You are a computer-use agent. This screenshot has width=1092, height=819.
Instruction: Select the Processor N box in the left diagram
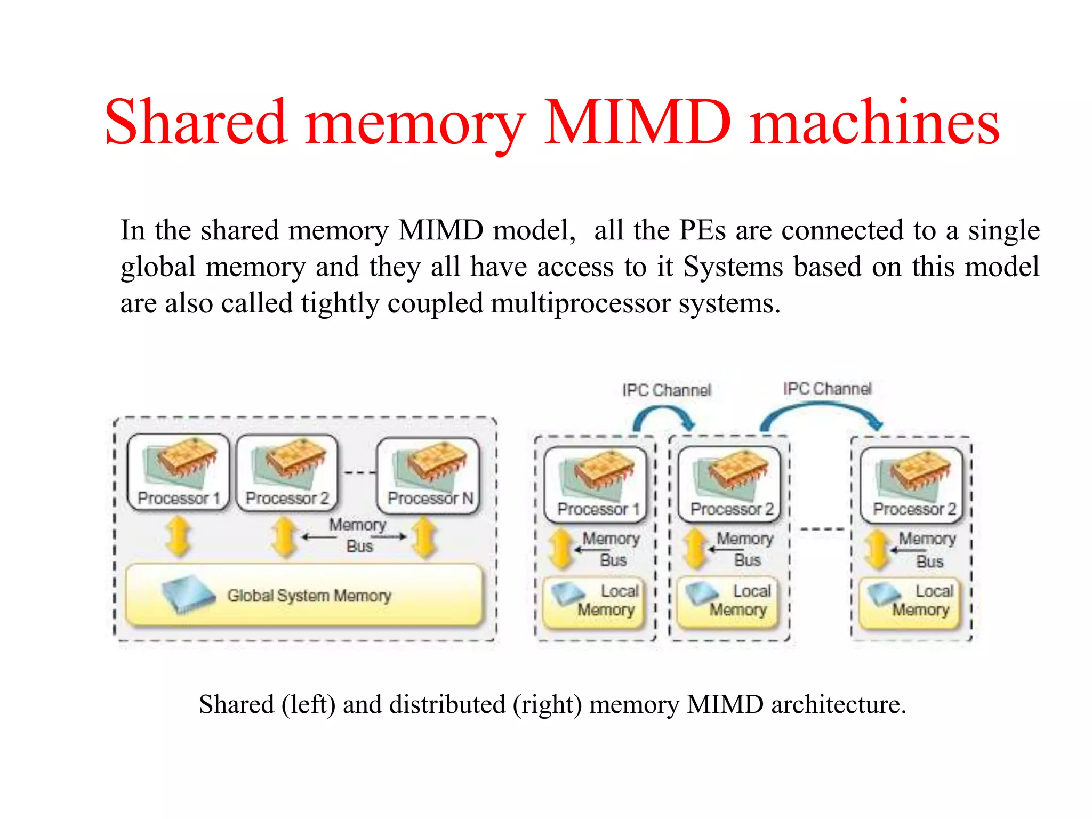(x=429, y=475)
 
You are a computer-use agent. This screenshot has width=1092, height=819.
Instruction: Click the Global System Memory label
(x=309, y=596)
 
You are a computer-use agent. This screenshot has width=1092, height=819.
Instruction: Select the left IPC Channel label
(x=667, y=390)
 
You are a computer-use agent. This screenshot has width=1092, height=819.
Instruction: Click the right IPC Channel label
(x=827, y=389)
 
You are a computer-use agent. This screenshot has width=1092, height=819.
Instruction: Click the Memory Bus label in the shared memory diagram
(x=358, y=535)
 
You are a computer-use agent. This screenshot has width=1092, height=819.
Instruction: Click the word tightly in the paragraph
(x=339, y=304)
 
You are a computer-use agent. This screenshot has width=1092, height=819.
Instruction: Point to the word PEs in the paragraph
(x=702, y=231)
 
